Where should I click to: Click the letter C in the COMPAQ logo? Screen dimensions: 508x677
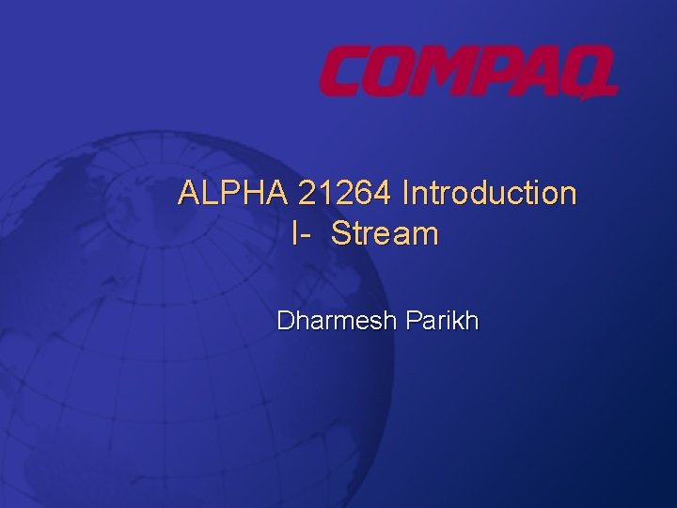click(x=344, y=73)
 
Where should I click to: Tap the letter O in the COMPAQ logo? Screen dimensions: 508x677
click(x=391, y=73)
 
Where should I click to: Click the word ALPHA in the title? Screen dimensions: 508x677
click(x=233, y=194)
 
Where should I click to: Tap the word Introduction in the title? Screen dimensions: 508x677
click(x=489, y=194)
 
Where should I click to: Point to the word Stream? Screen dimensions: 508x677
click(x=385, y=234)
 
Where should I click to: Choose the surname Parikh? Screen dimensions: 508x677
click(x=442, y=321)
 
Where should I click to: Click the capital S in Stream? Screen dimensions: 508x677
click(x=339, y=234)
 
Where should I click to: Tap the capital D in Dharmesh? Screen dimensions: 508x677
click(x=285, y=321)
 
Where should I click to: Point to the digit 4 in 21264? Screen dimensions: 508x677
click(x=383, y=194)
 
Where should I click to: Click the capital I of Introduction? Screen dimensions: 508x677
click(x=405, y=194)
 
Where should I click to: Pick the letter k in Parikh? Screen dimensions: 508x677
click(x=460, y=321)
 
